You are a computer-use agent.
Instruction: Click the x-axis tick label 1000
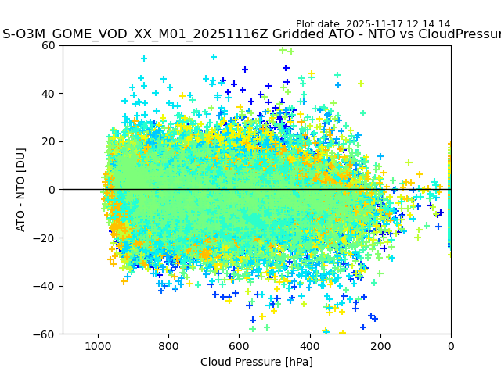point(98,345)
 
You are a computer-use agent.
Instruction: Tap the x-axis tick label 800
point(168,345)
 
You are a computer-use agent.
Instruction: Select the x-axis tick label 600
point(239,345)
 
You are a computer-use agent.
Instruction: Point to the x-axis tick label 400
point(310,345)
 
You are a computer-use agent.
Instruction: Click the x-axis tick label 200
point(380,345)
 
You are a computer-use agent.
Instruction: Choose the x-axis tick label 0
point(451,345)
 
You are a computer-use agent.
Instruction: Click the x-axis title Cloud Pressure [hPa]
point(257,362)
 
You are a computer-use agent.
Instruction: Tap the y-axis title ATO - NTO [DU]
point(21,190)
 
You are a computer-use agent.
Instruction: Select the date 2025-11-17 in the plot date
point(379,24)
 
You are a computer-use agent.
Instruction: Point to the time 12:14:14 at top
point(429,24)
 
